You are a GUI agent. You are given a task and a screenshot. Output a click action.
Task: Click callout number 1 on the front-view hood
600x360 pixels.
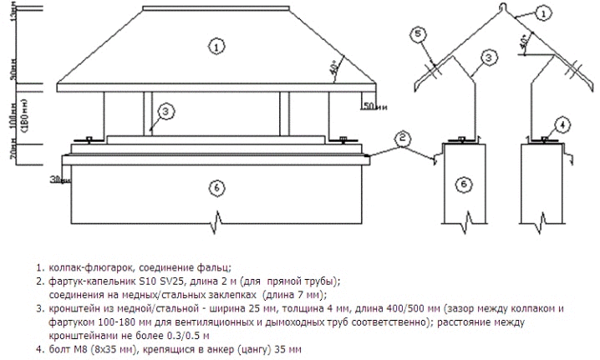click(216, 48)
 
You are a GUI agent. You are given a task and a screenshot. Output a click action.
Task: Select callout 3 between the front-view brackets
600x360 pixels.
click(165, 111)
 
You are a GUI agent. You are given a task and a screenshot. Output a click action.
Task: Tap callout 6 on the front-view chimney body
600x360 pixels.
click(216, 190)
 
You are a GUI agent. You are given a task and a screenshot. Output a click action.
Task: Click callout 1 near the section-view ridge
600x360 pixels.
click(544, 13)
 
